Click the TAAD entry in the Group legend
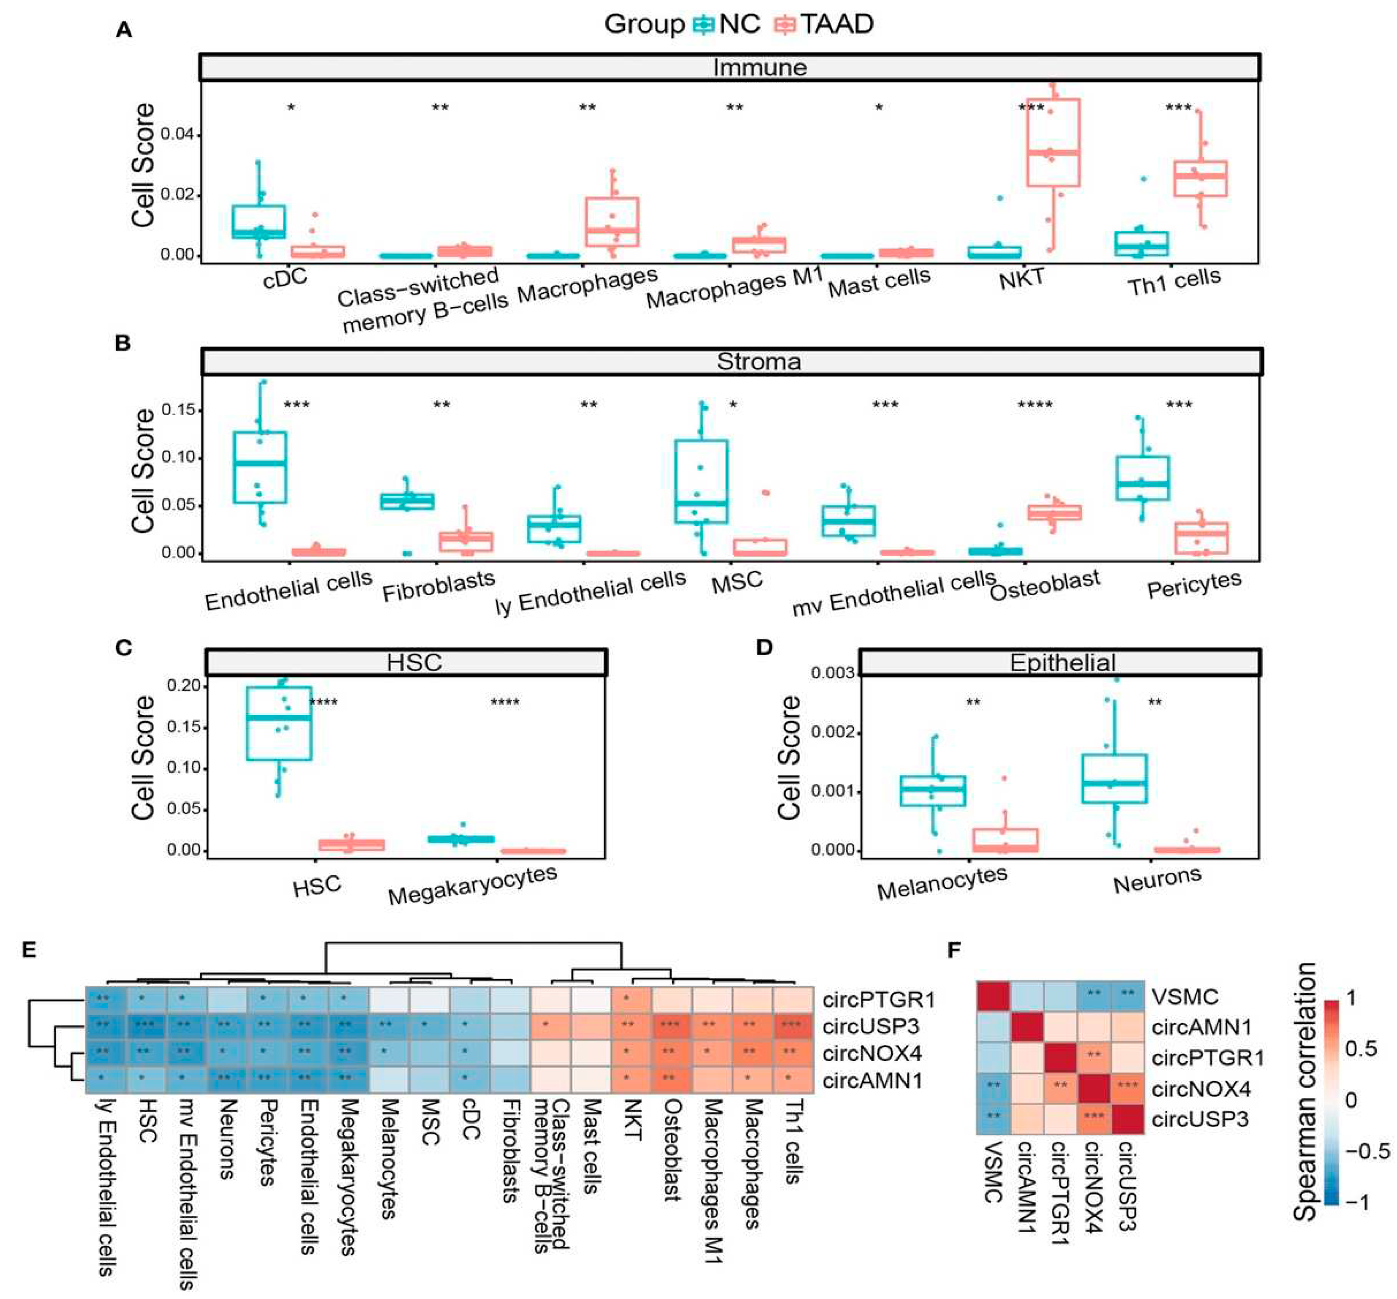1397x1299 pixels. click(837, 24)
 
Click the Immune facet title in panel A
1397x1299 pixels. click(760, 68)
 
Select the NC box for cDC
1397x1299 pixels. click(259, 222)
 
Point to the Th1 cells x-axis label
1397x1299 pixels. click(1174, 283)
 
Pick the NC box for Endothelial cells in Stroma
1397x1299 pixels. click(260, 467)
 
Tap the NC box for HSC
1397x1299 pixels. click(279, 724)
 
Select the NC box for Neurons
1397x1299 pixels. click(1114, 779)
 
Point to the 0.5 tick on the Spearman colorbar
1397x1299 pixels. click(1360, 1050)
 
